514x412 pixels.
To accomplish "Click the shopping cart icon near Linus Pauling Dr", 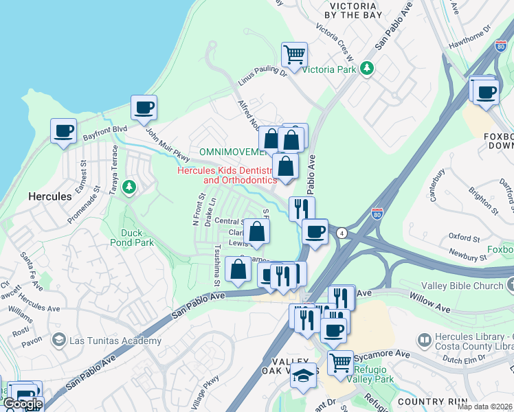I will click(294, 54).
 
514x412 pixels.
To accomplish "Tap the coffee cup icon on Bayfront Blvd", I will click(64, 130).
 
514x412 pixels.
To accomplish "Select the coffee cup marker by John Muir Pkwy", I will click(144, 108).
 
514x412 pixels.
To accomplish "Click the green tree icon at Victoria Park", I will click(368, 67).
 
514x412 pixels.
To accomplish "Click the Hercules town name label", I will click(49, 196).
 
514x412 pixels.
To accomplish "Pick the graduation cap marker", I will click(304, 376).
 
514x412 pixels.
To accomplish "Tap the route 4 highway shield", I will click(342, 233).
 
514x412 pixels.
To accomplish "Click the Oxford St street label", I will click(464, 238).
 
